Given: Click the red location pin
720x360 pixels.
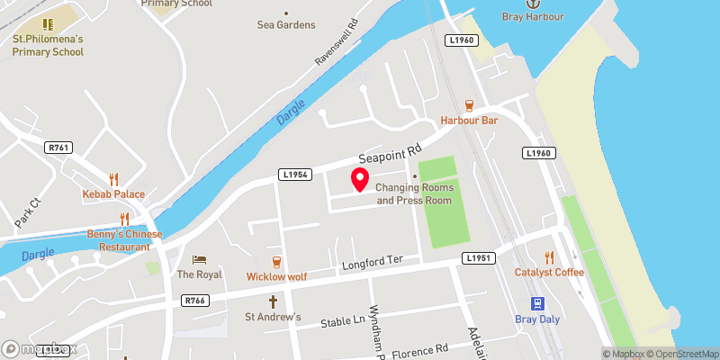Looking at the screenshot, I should pos(360,179).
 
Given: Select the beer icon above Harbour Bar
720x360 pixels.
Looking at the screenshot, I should pos(469,105).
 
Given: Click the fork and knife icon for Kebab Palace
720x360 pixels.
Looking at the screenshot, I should pos(113,178).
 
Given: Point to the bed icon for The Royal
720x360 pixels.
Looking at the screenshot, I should pos(199,259).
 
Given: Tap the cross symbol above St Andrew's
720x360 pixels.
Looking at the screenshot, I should pos(274,302).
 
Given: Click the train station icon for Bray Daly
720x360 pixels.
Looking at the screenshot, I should pos(537,303).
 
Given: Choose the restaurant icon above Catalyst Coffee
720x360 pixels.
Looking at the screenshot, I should pos(550,256).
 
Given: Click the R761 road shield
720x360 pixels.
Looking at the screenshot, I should pos(59,147).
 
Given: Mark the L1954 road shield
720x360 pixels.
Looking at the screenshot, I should pos(294,174).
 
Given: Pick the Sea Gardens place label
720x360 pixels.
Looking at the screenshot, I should pos(286,25).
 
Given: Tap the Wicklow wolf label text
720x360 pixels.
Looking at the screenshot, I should pos(276,276).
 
